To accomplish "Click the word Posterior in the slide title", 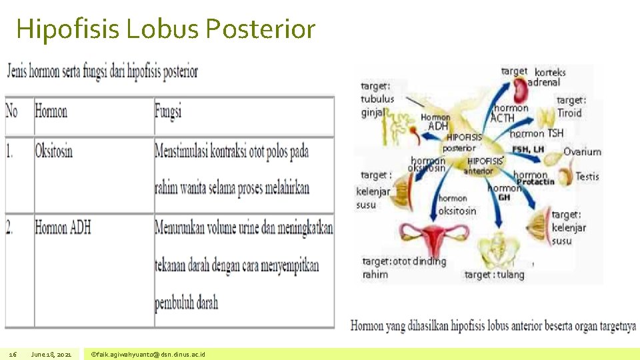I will pyautogui.click(x=260, y=29).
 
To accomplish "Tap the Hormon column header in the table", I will pyautogui.click(x=51, y=111).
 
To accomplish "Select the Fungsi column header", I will pyautogui.click(x=168, y=111).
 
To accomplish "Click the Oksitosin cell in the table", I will pyautogui.click(x=54, y=151).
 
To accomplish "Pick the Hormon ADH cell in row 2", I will pyautogui.click(x=63, y=227).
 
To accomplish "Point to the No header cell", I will pyautogui.click(x=12, y=111).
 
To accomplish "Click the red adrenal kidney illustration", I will pyautogui.click(x=519, y=87).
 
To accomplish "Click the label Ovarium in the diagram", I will pyautogui.click(x=582, y=152).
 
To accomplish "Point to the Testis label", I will pyautogui.click(x=587, y=177).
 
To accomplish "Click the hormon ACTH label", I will pyautogui.click(x=511, y=113).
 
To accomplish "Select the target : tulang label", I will pyautogui.click(x=495, y=275).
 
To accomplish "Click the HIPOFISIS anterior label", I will pyautogui.click(x=485, y=166).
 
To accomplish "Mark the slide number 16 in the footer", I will pyautogui.click(x=13, y=354).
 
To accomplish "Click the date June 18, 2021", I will pyautogui.click(x=51, y=354).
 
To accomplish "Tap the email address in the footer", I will pyautogui.click(x=148, y=354).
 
